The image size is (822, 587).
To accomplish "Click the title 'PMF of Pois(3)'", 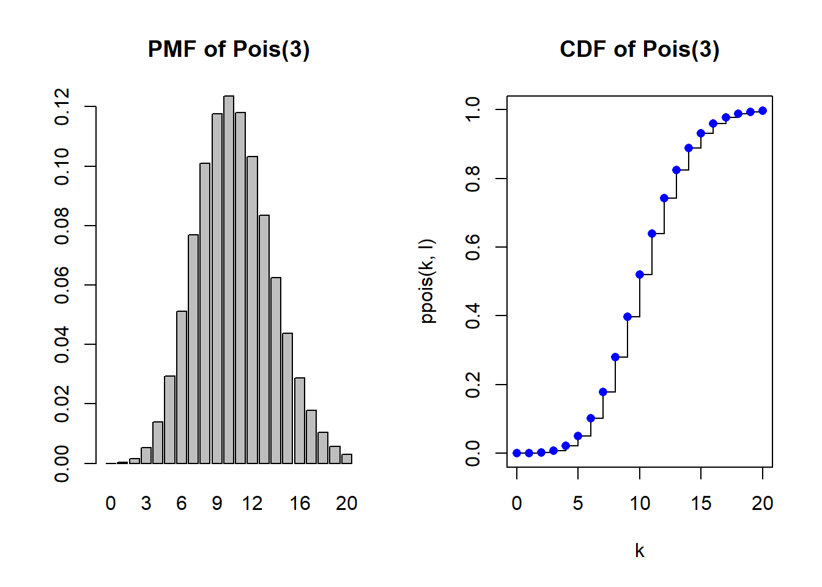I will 229,50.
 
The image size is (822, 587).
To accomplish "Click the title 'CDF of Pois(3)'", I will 639,50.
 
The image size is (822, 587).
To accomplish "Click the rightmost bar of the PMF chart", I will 347,459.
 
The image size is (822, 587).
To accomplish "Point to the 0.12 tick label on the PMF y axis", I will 62,106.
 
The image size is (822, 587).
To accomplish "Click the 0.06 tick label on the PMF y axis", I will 62,285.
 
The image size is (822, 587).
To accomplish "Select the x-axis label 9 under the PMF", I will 217,503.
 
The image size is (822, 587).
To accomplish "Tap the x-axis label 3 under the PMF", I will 146,503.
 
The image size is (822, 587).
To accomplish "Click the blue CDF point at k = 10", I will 640,275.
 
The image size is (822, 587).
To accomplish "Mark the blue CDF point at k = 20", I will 763,111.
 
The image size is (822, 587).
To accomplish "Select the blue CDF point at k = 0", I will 517,453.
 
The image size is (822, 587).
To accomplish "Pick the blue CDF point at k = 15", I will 701,133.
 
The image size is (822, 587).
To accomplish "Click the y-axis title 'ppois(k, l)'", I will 428,281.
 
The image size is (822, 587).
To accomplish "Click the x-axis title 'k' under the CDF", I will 640,551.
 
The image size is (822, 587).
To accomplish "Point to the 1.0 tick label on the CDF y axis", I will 473,109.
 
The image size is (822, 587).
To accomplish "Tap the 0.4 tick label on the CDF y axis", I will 473,316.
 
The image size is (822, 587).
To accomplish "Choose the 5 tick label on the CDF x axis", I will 578,503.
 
